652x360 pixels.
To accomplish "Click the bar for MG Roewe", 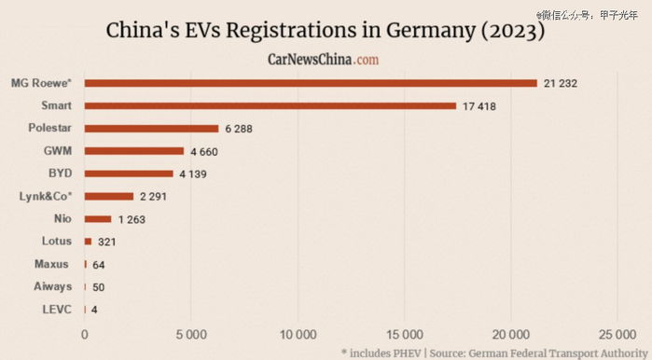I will tap(311, 83).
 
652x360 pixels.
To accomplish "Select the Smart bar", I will tap(271, 105).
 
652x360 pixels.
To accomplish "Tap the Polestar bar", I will tap(151, 128).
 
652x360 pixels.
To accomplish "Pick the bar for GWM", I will tap(134, 150).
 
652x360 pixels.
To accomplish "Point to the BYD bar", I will tap(129, 173).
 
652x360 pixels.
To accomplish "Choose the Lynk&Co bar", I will tap(109, 196).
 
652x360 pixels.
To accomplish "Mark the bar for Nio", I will tap(98, 219).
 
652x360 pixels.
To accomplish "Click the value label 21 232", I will tap(561, 84).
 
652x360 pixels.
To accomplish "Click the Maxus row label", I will tap(52, 264).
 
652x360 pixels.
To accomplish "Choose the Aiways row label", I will tap(52, 286).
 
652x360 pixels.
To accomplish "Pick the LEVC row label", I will tap(56, 310).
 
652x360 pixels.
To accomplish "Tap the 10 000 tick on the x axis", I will tap(298, 333).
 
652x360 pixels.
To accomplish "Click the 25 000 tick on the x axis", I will tap(617, 333).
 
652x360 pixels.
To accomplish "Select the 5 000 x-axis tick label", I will tap(190, 333).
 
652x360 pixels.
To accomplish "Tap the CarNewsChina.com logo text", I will tap(324, 60).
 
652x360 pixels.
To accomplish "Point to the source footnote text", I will tap(492, 352).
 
